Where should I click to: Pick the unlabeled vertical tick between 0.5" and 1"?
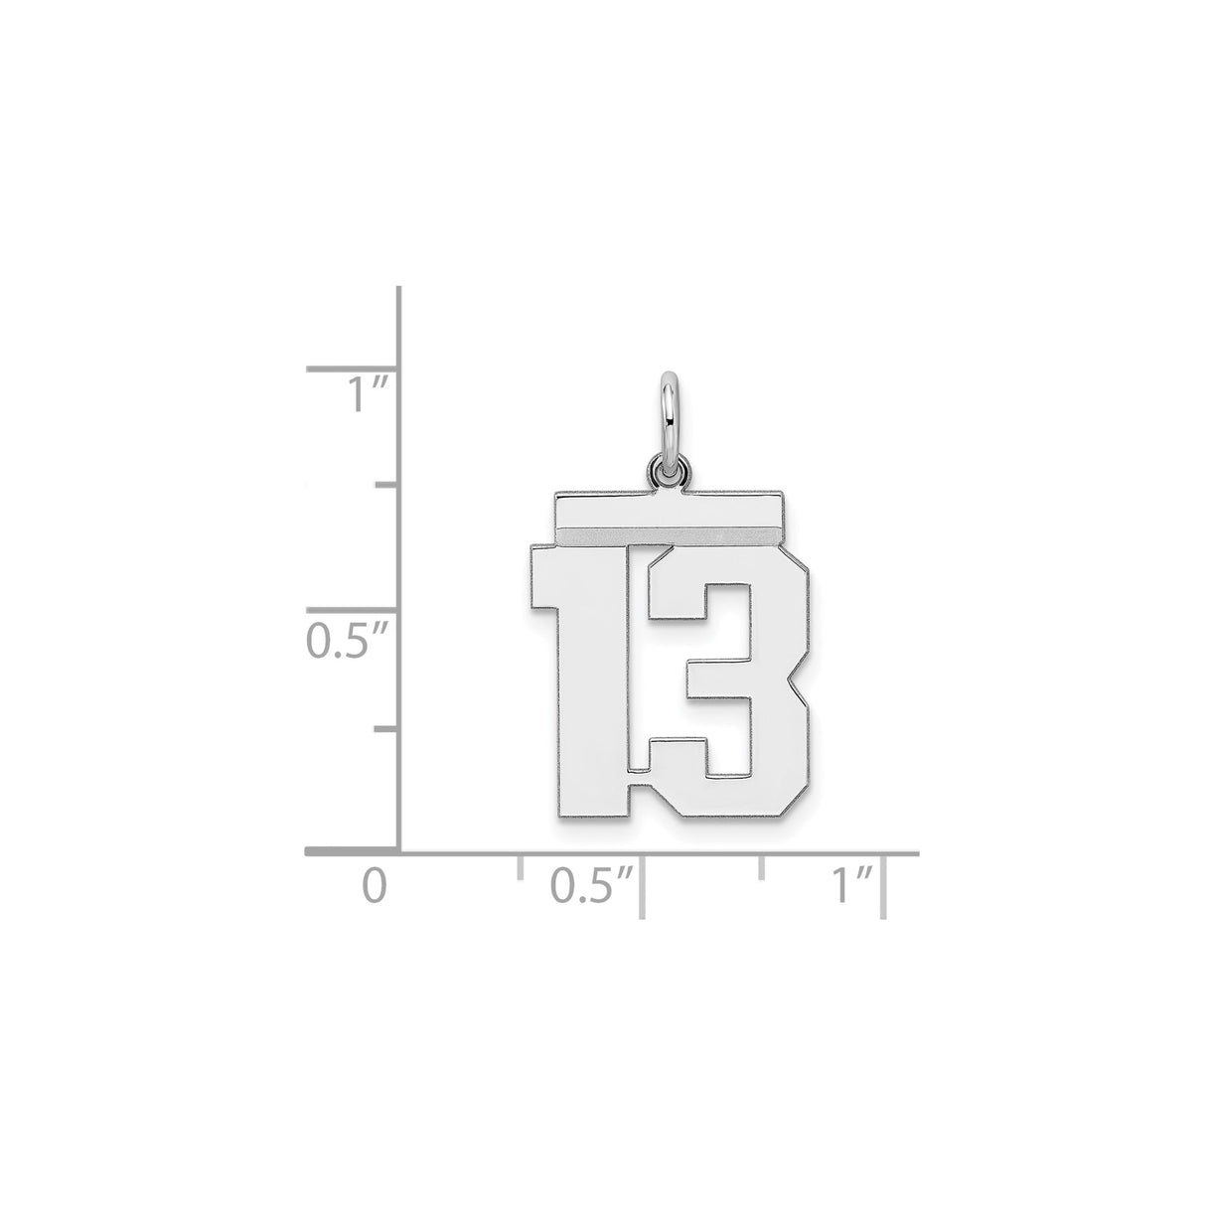pyautogui.click(x=386, y=487)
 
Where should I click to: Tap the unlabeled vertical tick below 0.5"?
pyautogui.click(x=386, y=729)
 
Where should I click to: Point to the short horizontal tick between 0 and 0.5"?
pyautogui.click(x=520, y=867)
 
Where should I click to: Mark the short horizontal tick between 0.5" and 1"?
pyautogui.click(x=762, y=867)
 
